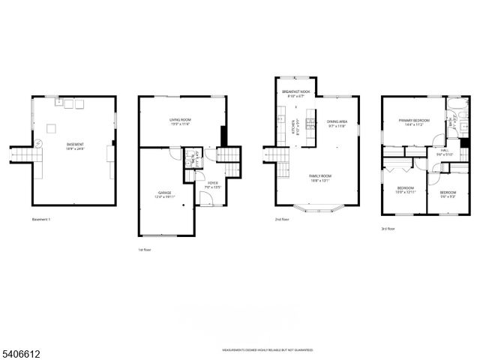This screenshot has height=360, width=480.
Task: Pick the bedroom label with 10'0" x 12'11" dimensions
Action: click(x=406, y=190)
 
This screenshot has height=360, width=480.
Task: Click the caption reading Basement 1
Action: click(x=41, y=220)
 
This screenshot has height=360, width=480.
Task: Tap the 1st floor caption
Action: click(x=143, y=249)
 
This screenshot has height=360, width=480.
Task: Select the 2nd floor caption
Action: click(x=282, y=220)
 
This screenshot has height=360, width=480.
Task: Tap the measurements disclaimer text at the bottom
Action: click(x=267, y=350)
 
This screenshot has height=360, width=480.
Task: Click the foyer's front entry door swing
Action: click(x=204, y=199)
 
